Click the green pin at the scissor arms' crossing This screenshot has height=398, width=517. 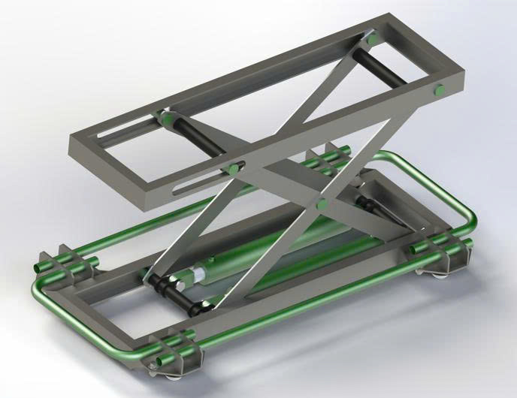[x=321, y=204]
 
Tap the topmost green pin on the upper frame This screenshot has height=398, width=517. [x=370, y=37]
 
